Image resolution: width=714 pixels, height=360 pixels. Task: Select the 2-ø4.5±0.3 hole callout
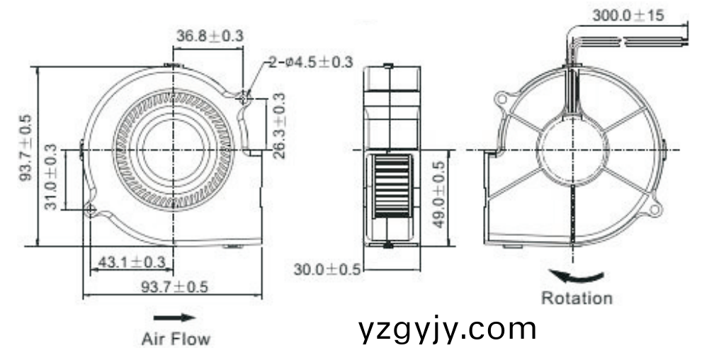coord(310,62)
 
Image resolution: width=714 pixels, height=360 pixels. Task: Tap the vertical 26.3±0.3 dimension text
coord(279,125)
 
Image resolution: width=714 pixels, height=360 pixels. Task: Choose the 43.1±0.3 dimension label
coord(131,262)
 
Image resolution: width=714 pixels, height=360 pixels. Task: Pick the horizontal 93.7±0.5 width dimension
coord(174,286)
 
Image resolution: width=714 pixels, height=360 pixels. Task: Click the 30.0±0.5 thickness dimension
coord(327,269)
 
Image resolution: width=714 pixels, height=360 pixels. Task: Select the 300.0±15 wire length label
coord(629,15)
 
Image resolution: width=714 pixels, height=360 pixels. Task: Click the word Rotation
coord(577,298)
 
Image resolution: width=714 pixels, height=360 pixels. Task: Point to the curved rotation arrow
coord(578,276)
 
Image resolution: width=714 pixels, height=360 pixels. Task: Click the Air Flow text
coord(176,339)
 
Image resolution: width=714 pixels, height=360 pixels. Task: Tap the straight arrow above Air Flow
coord(174,317)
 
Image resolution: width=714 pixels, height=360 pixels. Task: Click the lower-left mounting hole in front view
coord(91,209)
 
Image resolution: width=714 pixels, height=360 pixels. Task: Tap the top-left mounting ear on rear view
coord(504,98)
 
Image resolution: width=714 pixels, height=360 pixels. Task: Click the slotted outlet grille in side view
coord(390,185)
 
